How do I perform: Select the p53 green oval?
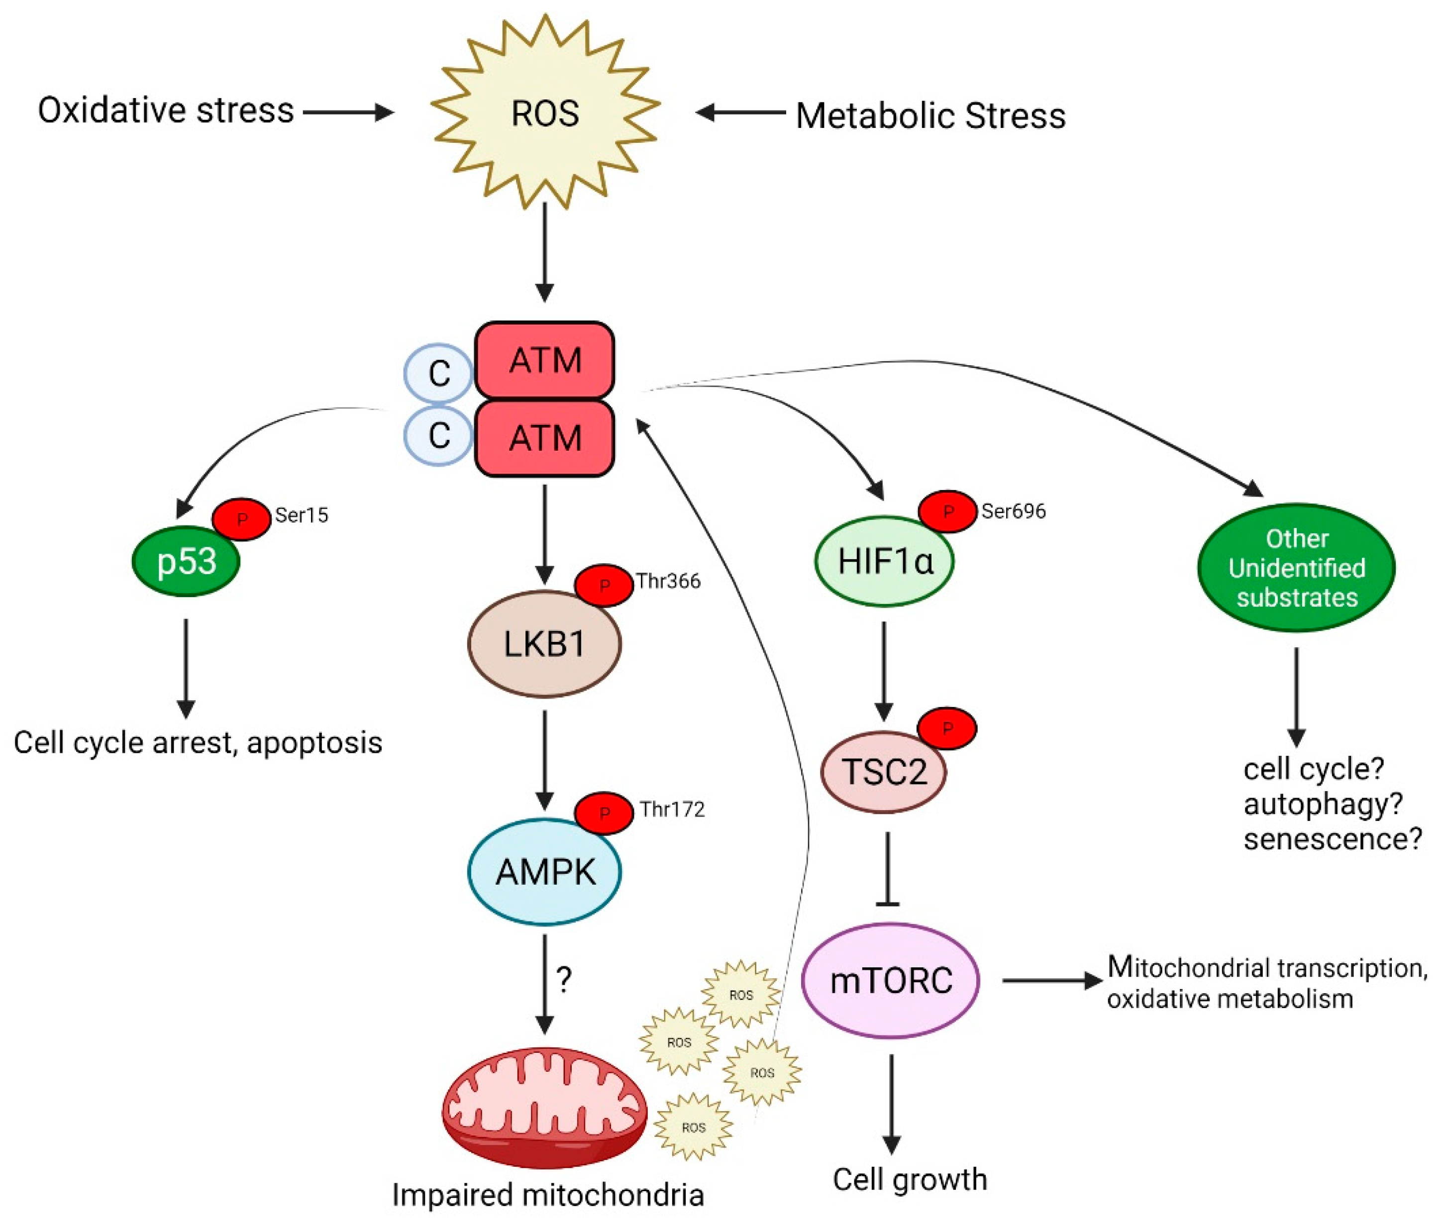click(186, 561)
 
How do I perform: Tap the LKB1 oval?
click(544, 643)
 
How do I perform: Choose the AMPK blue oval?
click(544, 872)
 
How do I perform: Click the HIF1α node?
click(884, 561)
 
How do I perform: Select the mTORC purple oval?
click(891, 980)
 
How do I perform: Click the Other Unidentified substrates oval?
click(1296, 568)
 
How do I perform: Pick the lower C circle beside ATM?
click(438, 436)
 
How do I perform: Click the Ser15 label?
click(302, 515)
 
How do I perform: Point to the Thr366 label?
click(668, 581)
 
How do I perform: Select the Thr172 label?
click(672, 809)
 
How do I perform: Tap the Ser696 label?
click(1013, 511)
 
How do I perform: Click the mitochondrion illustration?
click(544, 1107)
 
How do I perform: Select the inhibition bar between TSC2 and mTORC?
click(887, 904)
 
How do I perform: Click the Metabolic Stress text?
click(930, 115)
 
